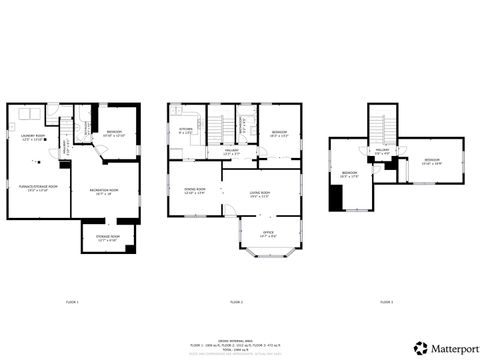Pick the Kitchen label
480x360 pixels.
click(186, 131)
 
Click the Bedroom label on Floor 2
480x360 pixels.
click(279, 134)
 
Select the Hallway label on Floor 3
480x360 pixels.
click(383, 153)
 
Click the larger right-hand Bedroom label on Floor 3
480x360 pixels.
click(432, 161)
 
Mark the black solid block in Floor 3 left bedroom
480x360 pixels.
click(335, 197)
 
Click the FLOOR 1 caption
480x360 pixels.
click(72, 301)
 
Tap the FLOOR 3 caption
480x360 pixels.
click(386, 301)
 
